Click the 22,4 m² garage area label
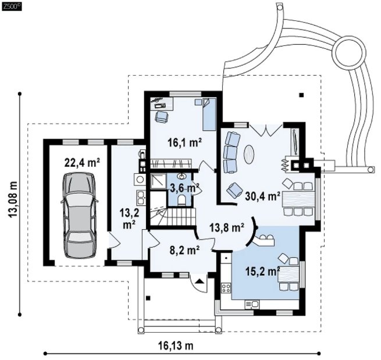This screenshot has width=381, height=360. [x=82, y=163]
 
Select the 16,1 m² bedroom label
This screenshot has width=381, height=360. [x=185, y=143]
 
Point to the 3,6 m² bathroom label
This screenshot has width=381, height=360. [x=184, y=188]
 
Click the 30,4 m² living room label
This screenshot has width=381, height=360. [x=263, y=196]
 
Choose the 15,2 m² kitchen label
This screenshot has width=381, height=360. [x=263, y=272]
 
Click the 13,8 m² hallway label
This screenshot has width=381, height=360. [x=227, y=228]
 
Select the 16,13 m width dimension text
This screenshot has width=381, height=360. [x=176, y=345]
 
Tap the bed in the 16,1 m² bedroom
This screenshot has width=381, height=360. [x=209, y=114]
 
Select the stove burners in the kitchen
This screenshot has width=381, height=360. [x=226, y=288]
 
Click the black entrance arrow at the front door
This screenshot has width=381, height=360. [x=200, y=281]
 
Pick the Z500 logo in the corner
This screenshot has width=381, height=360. [x=12, y=7]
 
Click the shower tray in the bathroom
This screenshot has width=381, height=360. [x=158, y=181]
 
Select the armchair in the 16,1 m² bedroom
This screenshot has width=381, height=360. [x=161, y=116]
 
